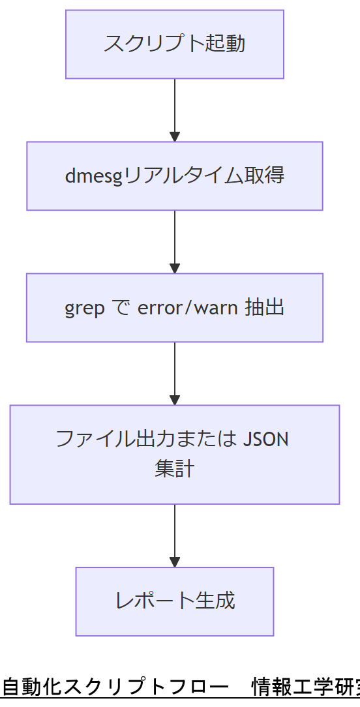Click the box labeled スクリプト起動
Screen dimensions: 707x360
(175, 44)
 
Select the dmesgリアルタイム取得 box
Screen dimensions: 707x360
(175, 176)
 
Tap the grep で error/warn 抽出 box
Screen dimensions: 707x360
(175, 308)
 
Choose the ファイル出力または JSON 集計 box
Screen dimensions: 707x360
(175, 455)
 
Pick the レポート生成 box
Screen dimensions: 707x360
(175, 601)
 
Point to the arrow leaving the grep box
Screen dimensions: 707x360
(175, 373)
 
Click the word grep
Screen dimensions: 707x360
(84, 308)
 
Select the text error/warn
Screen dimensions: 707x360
(188, 308)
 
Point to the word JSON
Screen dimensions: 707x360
(265, 439)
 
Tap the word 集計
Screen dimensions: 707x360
(175, 470)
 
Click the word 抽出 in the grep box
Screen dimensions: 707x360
(265, 308)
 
